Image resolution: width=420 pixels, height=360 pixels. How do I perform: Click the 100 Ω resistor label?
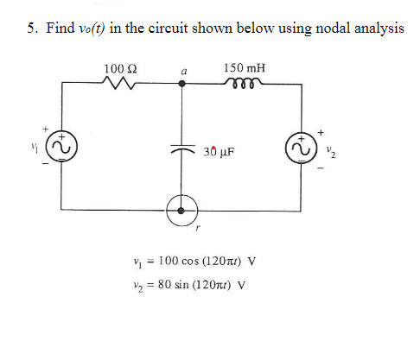click(118, 67)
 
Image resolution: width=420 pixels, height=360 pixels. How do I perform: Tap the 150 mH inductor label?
click(245, 67)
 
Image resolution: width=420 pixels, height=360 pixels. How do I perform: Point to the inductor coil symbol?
click(244, 84)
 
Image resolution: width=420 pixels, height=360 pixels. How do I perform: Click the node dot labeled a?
click(181, 85)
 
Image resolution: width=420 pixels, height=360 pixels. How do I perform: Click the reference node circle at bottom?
click(181, 210)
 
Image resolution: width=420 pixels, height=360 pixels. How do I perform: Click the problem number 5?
click(29, 28)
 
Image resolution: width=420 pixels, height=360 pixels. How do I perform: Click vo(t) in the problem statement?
click(86, 28)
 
